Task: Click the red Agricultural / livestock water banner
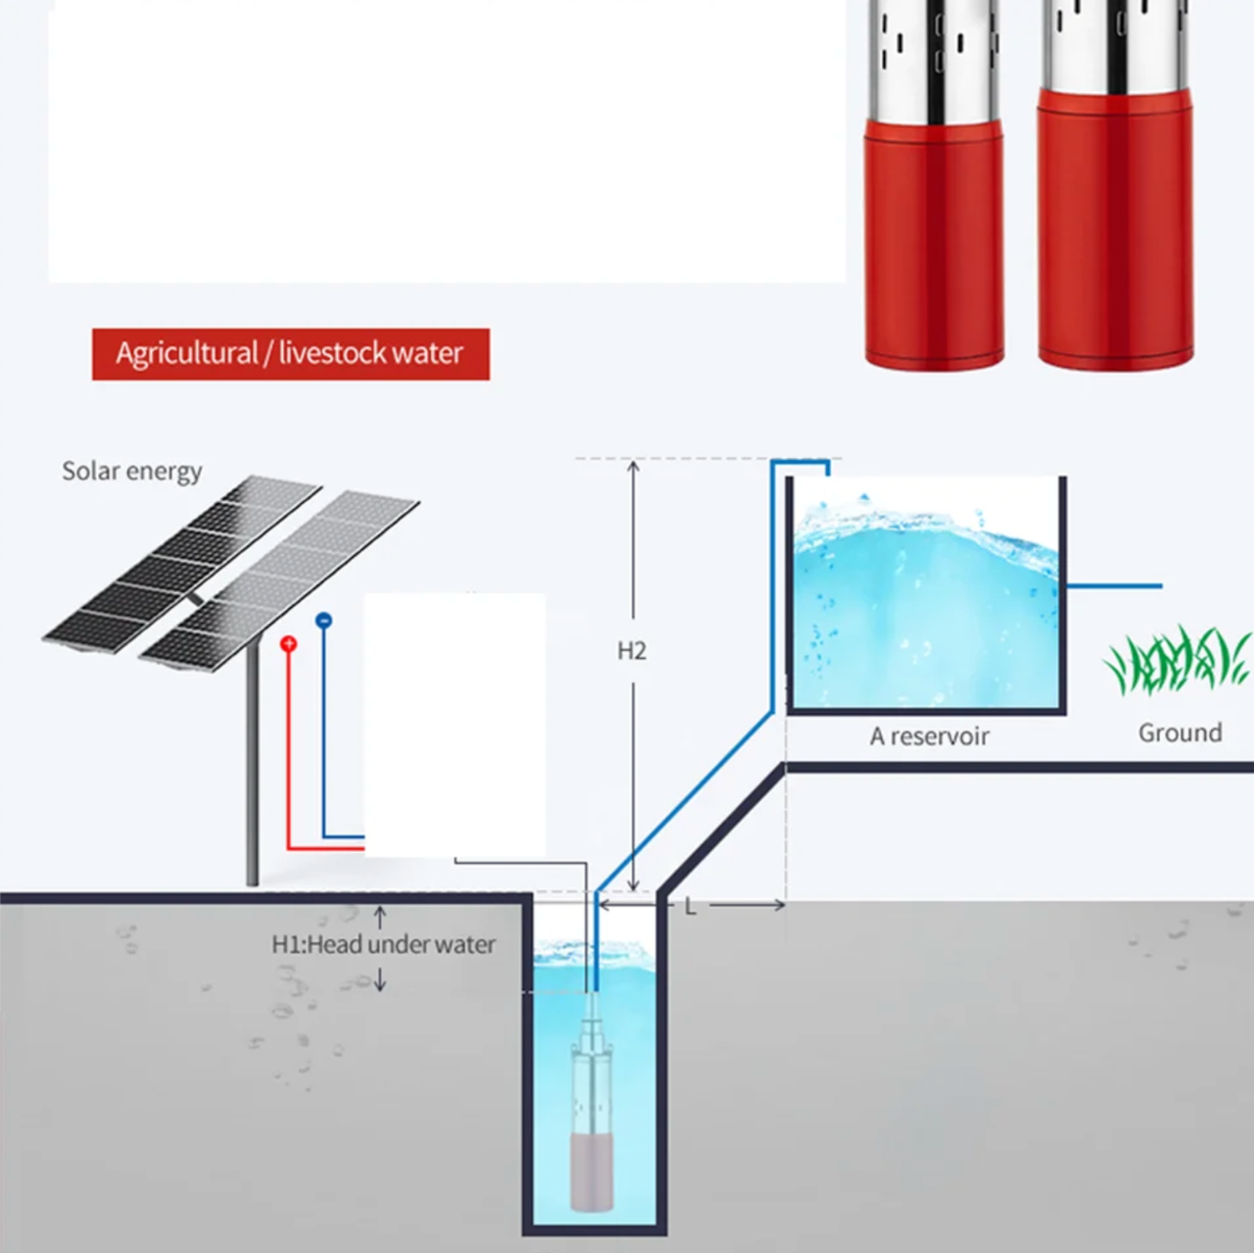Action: pos(290,354)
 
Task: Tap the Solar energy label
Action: pos(132,472)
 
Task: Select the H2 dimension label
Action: pos(632,651)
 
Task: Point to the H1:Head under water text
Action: pos(383,945)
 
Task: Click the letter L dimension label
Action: pos(690,907)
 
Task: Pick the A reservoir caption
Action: pos(929,736)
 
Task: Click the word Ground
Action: pos(1180,733)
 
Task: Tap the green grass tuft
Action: pos(1176,662)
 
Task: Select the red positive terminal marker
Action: pos(288,644)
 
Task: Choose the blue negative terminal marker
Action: pos(324,621)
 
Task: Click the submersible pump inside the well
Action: pos(595,1118)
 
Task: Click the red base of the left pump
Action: pos(934,245)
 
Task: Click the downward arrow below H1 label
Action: pos(381,982)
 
